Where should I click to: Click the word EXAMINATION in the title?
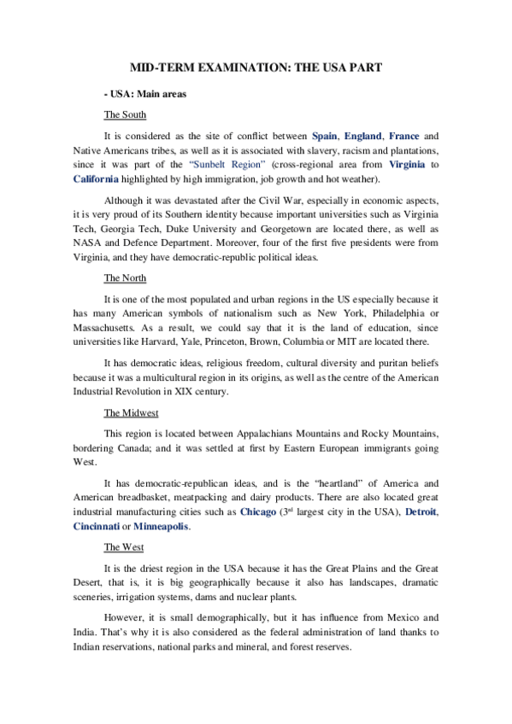pos(230,66)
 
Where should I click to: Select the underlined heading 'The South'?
pos(125,114)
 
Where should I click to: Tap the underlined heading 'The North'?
pos(125,278)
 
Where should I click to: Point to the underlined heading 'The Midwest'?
pos(130,411)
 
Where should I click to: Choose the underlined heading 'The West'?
pos(123,546)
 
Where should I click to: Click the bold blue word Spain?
pos(325,136)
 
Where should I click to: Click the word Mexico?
pos(397,617)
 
